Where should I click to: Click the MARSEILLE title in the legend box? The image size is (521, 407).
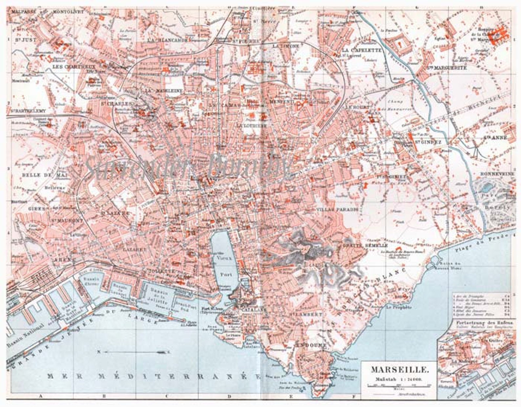[400, 370]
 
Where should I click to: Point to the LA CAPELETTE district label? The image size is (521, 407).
[362, 51]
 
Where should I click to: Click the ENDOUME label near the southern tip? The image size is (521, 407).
[312, 345]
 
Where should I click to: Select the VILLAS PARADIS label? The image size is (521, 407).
[337, 209]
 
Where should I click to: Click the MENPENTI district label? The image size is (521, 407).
[281, 102]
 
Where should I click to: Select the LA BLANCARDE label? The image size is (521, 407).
[167, 40]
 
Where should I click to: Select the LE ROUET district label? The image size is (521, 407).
[357, 107]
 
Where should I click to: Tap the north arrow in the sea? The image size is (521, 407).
[131, 352]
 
